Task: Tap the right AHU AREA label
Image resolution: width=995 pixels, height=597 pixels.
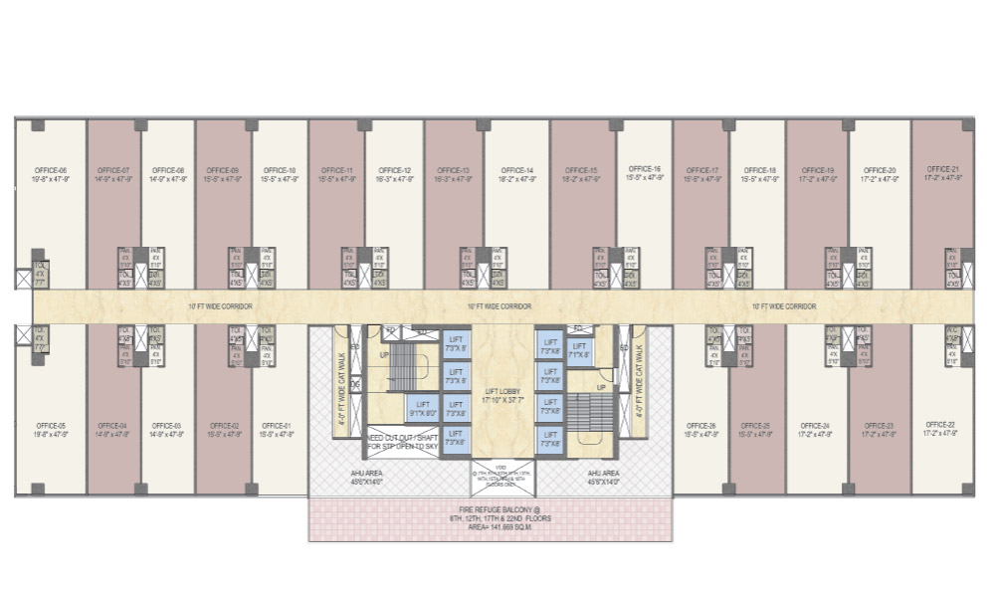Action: (604, 477)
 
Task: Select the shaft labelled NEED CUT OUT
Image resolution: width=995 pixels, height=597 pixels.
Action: (400, 442)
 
